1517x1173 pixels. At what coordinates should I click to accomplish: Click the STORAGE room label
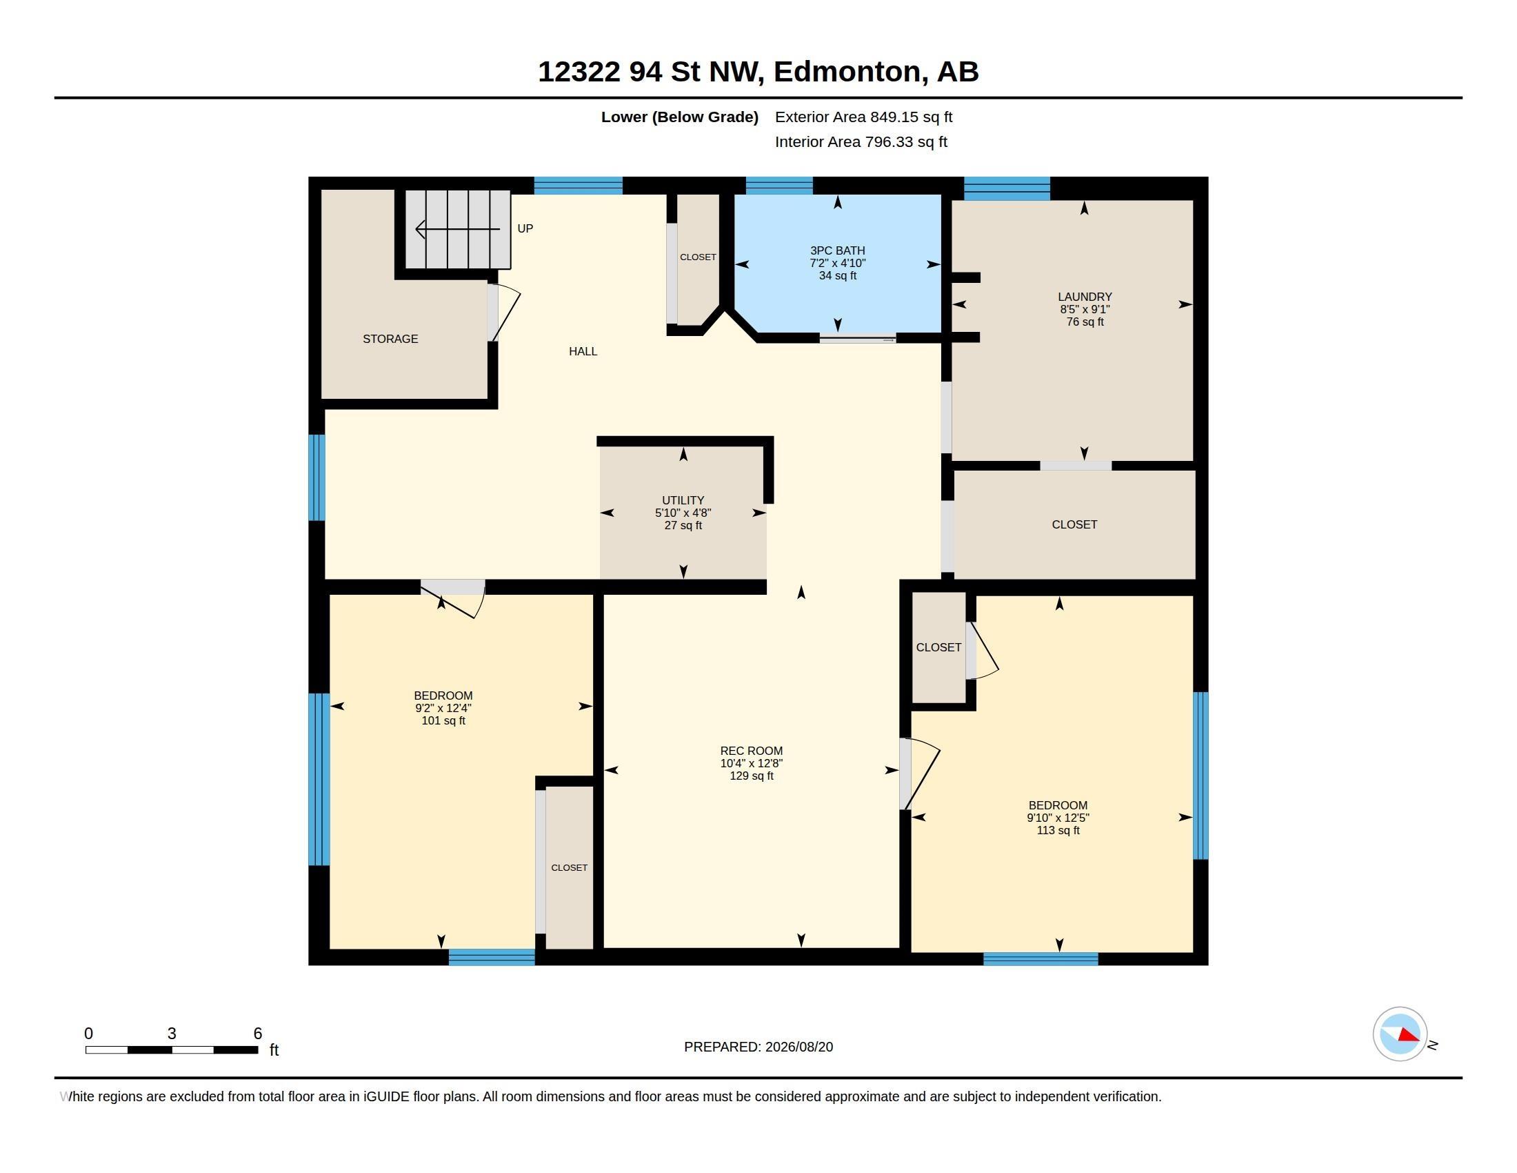click(390, 339)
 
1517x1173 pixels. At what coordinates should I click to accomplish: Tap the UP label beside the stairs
click(525, 228)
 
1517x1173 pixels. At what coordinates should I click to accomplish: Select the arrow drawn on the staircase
click(458, 228)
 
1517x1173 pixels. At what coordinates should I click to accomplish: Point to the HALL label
click(583, 352)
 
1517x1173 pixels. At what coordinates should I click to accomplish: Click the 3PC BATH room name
click(838, 251)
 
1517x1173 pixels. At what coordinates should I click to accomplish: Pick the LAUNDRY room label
click(1085, 297)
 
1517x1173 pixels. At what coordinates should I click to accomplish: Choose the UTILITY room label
click(683, 500)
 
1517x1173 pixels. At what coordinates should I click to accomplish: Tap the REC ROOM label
click(752, 751)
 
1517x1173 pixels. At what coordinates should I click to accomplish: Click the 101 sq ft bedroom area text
click(443, 720)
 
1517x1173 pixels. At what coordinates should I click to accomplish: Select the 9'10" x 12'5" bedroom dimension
click(1058, 818)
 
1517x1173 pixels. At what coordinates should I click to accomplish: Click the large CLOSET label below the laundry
click(1074, 524)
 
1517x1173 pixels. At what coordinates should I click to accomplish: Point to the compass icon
click(1400, 1034)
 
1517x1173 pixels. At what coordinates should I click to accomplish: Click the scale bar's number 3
click(172, 1034)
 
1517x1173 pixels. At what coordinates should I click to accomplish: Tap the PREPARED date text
click(758, 1047)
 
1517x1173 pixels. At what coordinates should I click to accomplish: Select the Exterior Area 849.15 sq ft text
click(863, 117)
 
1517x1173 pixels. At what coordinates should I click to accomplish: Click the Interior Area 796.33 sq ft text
click(861, 141)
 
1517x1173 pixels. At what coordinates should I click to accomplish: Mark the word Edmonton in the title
click(851, 72)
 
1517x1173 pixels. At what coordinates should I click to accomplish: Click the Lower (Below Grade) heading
click(679, 117)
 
